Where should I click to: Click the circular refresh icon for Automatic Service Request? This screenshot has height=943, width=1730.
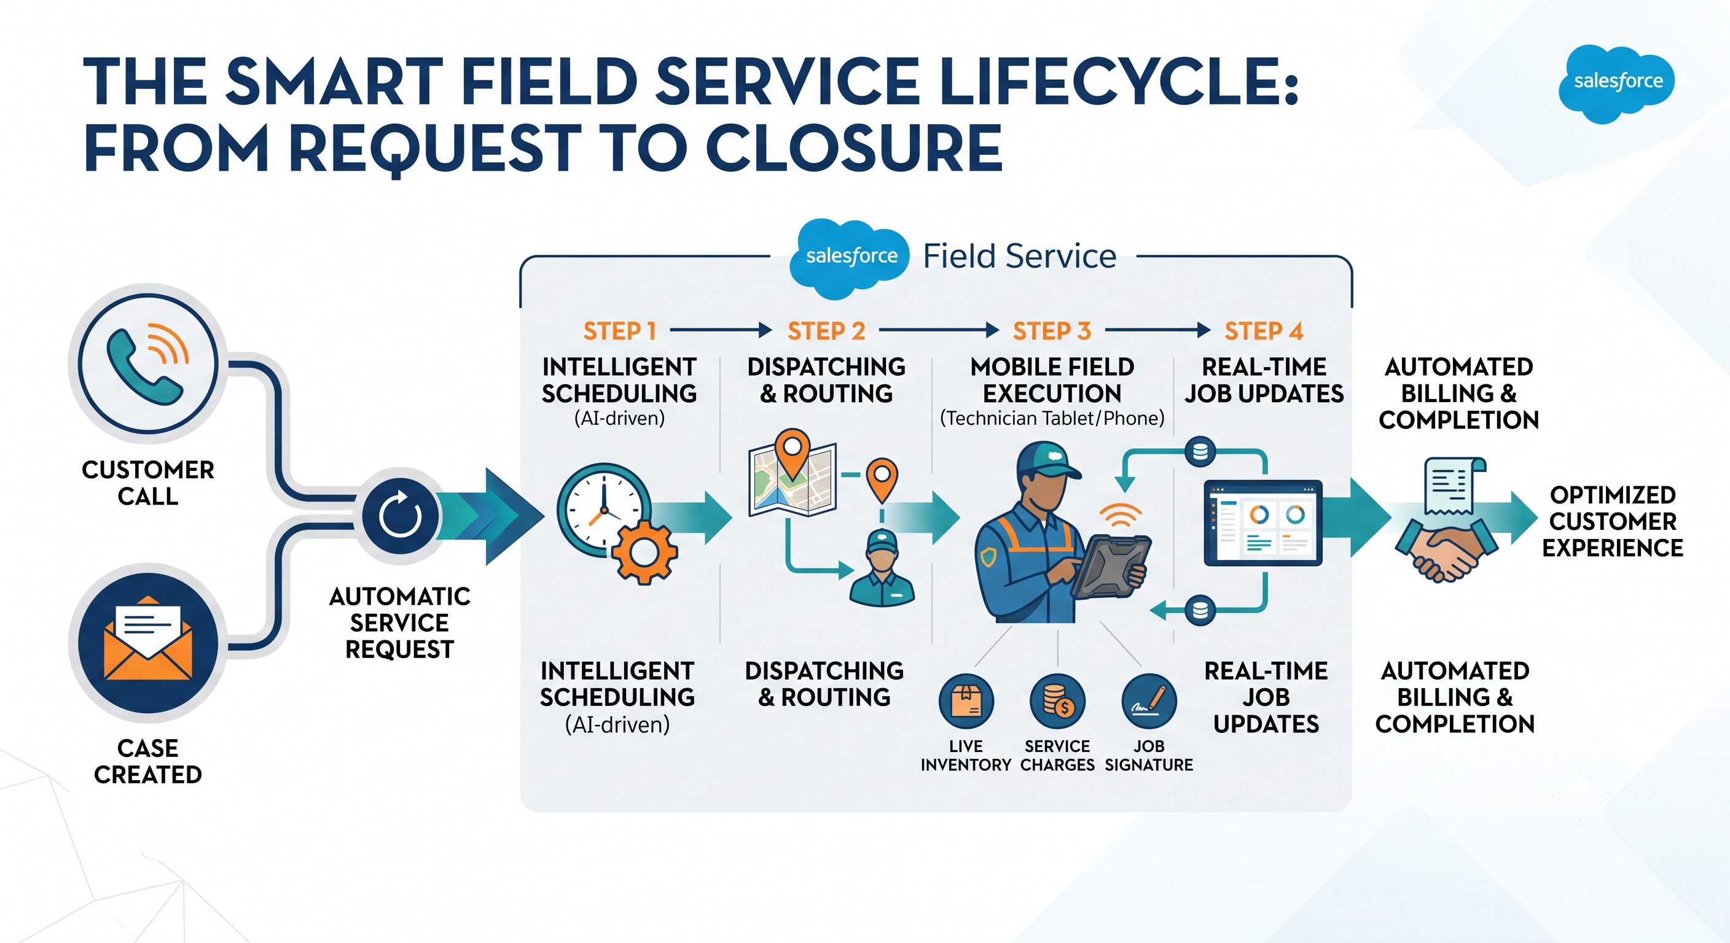[401, 516]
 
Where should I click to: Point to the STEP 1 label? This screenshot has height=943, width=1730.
[619, 331]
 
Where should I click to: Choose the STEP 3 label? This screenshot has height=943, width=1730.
[1052, 331]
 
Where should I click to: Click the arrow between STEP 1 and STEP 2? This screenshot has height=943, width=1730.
[721, 330]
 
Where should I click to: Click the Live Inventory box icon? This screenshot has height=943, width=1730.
[966, 701]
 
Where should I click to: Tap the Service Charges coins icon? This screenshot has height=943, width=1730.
[1058, 701]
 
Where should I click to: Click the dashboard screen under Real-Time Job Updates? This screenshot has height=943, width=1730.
[1262, 523]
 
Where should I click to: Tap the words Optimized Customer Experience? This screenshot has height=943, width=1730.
[1613, 521]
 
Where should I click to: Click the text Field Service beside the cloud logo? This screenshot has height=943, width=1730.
[1019, 256]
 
